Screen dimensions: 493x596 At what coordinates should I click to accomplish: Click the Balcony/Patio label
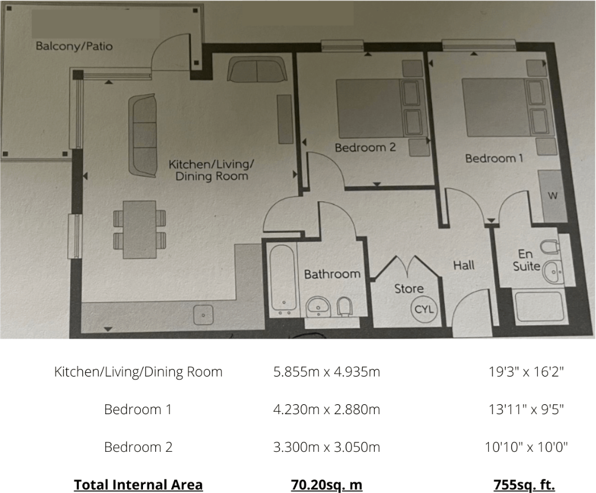(74, 46)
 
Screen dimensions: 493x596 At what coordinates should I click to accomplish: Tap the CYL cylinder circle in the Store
(424, 309)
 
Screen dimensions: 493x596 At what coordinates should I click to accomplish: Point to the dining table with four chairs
(139, 229)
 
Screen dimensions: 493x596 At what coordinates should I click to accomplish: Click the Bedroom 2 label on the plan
(365, 148)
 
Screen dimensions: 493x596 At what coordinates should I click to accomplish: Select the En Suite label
(526, 260)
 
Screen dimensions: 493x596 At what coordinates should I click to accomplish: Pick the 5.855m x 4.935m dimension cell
(327, 372)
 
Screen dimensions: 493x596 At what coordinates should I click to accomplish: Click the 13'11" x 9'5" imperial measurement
(526, 409)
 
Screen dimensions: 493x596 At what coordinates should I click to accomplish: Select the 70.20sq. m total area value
(327, 485)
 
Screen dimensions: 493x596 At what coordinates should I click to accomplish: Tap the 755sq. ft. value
(524, 485)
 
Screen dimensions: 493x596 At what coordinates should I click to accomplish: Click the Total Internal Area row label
(138, 485)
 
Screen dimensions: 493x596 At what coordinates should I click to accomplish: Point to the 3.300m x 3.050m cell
(327, 447)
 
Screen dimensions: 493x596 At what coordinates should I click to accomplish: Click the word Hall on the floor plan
(464, 266)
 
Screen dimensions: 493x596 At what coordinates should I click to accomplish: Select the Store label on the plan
(409, 288)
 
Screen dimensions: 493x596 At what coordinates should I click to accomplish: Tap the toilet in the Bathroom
(345, 306)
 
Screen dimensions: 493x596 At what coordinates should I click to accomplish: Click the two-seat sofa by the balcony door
(257, 70)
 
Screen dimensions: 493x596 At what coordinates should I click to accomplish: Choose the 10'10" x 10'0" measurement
(526, 447)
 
